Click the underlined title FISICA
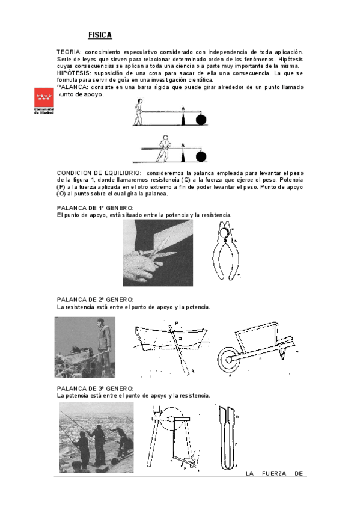[x=100, y=36]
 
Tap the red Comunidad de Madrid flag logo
[x=44, y=99]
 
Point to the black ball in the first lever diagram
[x=201, y=119]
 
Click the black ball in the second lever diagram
[x=201, y=157]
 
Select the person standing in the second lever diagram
[x=163, y=149]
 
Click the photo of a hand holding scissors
[x=149, y=253]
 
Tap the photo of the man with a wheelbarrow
[x=84, y=347]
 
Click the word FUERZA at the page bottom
[x=273, y=473]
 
